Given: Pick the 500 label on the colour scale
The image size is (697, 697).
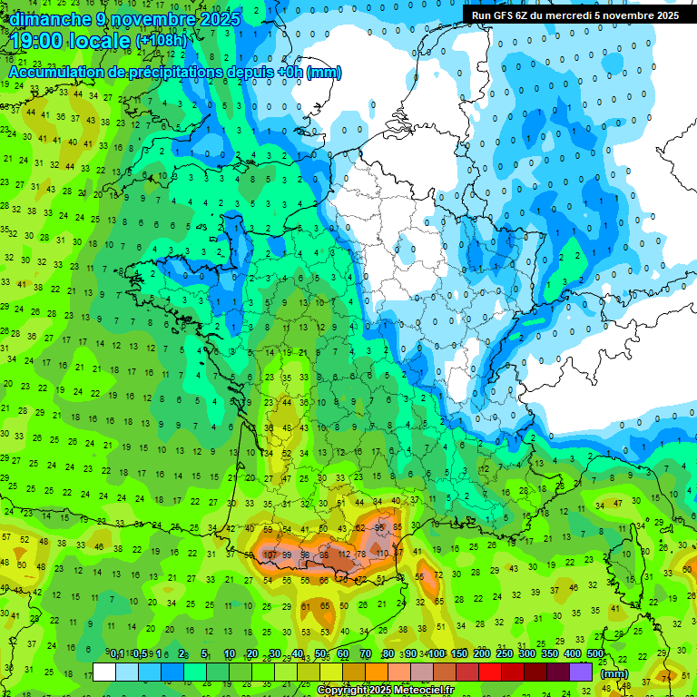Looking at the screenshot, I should click(594, 654).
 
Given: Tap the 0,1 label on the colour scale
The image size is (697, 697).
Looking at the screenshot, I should click(117, 654).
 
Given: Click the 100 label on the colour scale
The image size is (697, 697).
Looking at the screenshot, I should click(436, 654).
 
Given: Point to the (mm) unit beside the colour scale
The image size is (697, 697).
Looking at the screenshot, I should click(615, 673).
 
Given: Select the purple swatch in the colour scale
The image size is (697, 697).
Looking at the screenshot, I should click(581, 672).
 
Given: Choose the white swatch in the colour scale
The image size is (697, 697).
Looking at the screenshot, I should click(104, 672).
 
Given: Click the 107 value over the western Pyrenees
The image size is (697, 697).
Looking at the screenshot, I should click(270, 555).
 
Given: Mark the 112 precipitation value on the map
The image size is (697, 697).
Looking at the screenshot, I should click(344, 555).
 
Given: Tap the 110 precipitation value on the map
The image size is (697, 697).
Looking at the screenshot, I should click(381, 554).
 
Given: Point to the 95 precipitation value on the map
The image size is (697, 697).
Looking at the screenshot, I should click(380, 527).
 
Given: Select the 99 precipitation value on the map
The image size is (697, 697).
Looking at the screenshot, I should click(287, 555).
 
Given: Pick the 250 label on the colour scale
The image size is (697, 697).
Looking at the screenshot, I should click(504, 654).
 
